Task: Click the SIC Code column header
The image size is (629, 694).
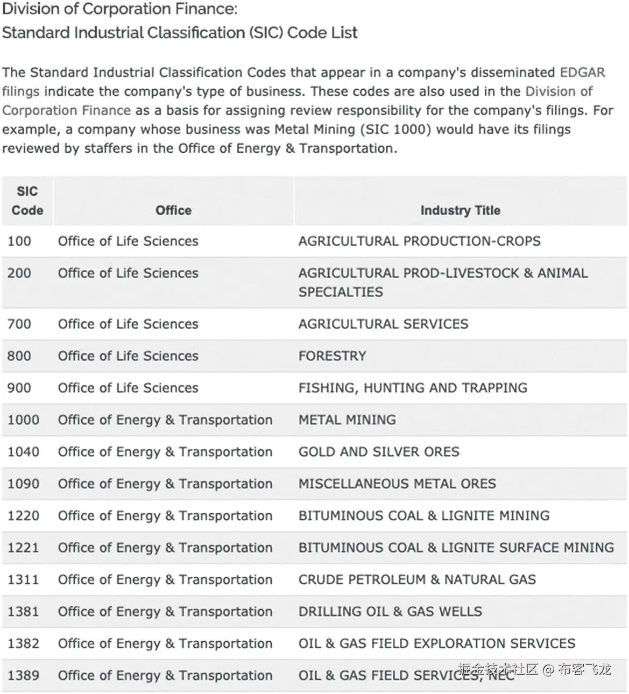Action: (x=27, y=201)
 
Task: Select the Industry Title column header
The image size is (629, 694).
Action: (x=460, y=210)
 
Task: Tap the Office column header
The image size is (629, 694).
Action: (x=173, y=210)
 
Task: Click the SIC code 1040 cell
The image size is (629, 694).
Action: (x=23, y=452)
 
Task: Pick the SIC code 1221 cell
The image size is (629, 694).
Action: (x=23, y=548)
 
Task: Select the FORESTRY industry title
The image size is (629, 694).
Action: (x=332, y=356)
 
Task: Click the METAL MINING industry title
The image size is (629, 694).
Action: (x=347, y=420)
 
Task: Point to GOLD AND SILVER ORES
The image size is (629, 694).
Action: (x=379, y=452)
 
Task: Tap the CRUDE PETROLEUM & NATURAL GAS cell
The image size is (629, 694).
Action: (x=417, y=580)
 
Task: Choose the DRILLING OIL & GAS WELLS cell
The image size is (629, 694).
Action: (x=390, y=612)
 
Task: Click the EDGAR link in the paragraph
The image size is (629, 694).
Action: (x=582, y=73)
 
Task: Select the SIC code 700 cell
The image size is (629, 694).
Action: (x=19, y=324)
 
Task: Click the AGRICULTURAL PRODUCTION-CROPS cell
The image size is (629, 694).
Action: (x=419, y=242)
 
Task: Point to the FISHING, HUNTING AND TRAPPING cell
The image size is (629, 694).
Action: (x=413, y=388)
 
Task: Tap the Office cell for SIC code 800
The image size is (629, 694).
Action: (x=128, y=356)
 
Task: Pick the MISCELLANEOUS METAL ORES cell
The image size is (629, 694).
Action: (x=397, y=484)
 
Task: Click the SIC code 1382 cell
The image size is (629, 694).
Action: (x=23, y=643)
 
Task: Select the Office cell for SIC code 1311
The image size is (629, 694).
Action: (x=165, y=580)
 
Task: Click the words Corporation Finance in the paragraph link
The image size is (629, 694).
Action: (x=66, y=111)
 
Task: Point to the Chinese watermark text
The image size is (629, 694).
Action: (x=535, y=669)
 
